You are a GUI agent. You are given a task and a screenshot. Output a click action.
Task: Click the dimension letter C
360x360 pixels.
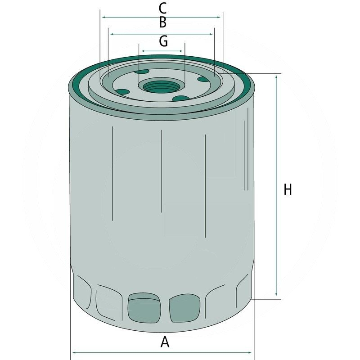(x=162, y=8)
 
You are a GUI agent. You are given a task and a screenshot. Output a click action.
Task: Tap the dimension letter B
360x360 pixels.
(x=162, y=22)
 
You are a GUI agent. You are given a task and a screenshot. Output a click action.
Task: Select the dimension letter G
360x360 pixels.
(x=163, y=41)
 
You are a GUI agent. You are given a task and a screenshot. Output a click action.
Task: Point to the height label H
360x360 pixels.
(x=288, y=189)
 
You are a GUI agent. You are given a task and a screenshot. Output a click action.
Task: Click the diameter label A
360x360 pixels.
(x=165, y=342)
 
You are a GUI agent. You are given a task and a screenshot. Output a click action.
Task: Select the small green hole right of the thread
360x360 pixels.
(x=203, y=80)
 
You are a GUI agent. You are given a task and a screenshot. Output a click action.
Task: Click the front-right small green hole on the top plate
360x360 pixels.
(x=181, y=99)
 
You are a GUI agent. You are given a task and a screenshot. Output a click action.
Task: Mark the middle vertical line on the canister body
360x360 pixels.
(x=161, y=171)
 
